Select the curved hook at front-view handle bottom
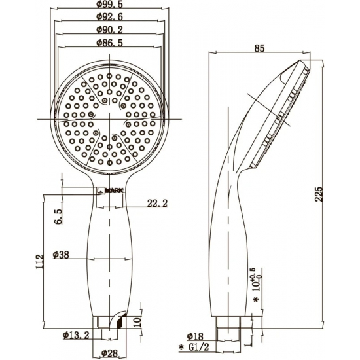click(117, 319)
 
